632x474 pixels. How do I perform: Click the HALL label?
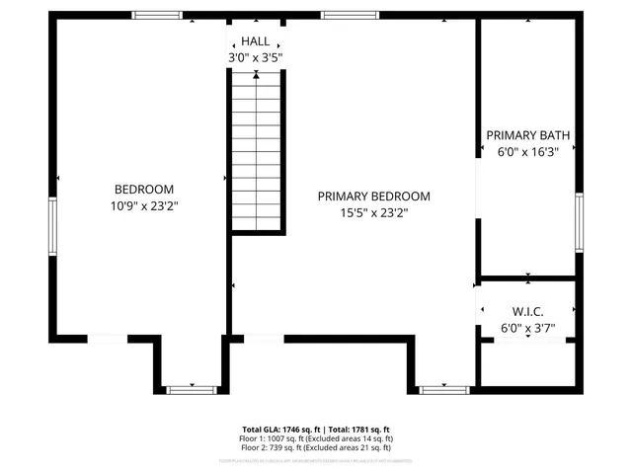(256, 41)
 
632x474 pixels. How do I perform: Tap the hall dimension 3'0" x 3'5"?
(256, 58)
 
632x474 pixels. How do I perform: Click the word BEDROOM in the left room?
(144, 190)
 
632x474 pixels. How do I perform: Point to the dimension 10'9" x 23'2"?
(144, 206)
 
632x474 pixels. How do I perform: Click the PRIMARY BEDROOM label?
(373, 196)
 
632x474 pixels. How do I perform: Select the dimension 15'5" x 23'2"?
(373, 212)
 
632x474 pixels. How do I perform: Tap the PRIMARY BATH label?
(527, 135)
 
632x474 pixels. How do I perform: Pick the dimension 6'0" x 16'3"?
(527, 152)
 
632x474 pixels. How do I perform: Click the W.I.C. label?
(528, 311)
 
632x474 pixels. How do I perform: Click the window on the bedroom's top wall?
(157, 15)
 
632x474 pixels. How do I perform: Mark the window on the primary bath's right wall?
(580, 222)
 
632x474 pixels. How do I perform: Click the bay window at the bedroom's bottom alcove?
(191, 390)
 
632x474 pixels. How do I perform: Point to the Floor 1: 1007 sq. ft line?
(316, 438)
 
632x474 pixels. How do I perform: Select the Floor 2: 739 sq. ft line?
(316, 447)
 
